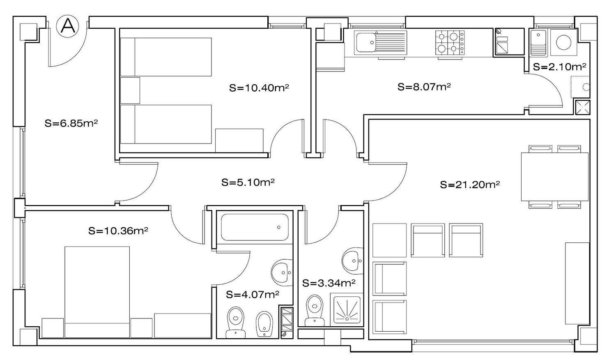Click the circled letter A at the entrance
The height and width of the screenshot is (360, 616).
click(68, 26)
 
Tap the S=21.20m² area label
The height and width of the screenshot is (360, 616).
click(470, 185)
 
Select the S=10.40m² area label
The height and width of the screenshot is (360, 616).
click(259, 88)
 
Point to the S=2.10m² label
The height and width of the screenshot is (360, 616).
click(560, 67)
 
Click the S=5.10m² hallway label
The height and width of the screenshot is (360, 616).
click(248, 182)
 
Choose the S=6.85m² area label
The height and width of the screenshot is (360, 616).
click(71, 123)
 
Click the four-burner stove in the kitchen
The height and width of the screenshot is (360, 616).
click(450, 42)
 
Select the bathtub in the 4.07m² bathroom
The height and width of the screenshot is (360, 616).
click(255, 227)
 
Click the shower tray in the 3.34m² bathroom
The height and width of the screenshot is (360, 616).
click(347, 309)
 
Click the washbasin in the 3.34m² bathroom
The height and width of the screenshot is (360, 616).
click(352, 261)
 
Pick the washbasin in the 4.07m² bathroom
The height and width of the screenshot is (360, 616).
click(282, 272)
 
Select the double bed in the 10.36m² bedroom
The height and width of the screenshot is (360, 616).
click(97, 292)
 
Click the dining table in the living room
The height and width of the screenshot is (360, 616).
click(555, 177)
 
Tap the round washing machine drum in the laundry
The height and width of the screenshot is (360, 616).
click(563, 42)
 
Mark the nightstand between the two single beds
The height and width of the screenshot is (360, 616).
click(130, 90)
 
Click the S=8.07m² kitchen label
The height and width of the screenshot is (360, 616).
click(424, 87)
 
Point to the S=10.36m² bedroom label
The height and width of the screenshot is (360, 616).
click(118, 231)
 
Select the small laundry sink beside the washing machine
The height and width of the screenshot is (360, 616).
click(539, 42)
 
